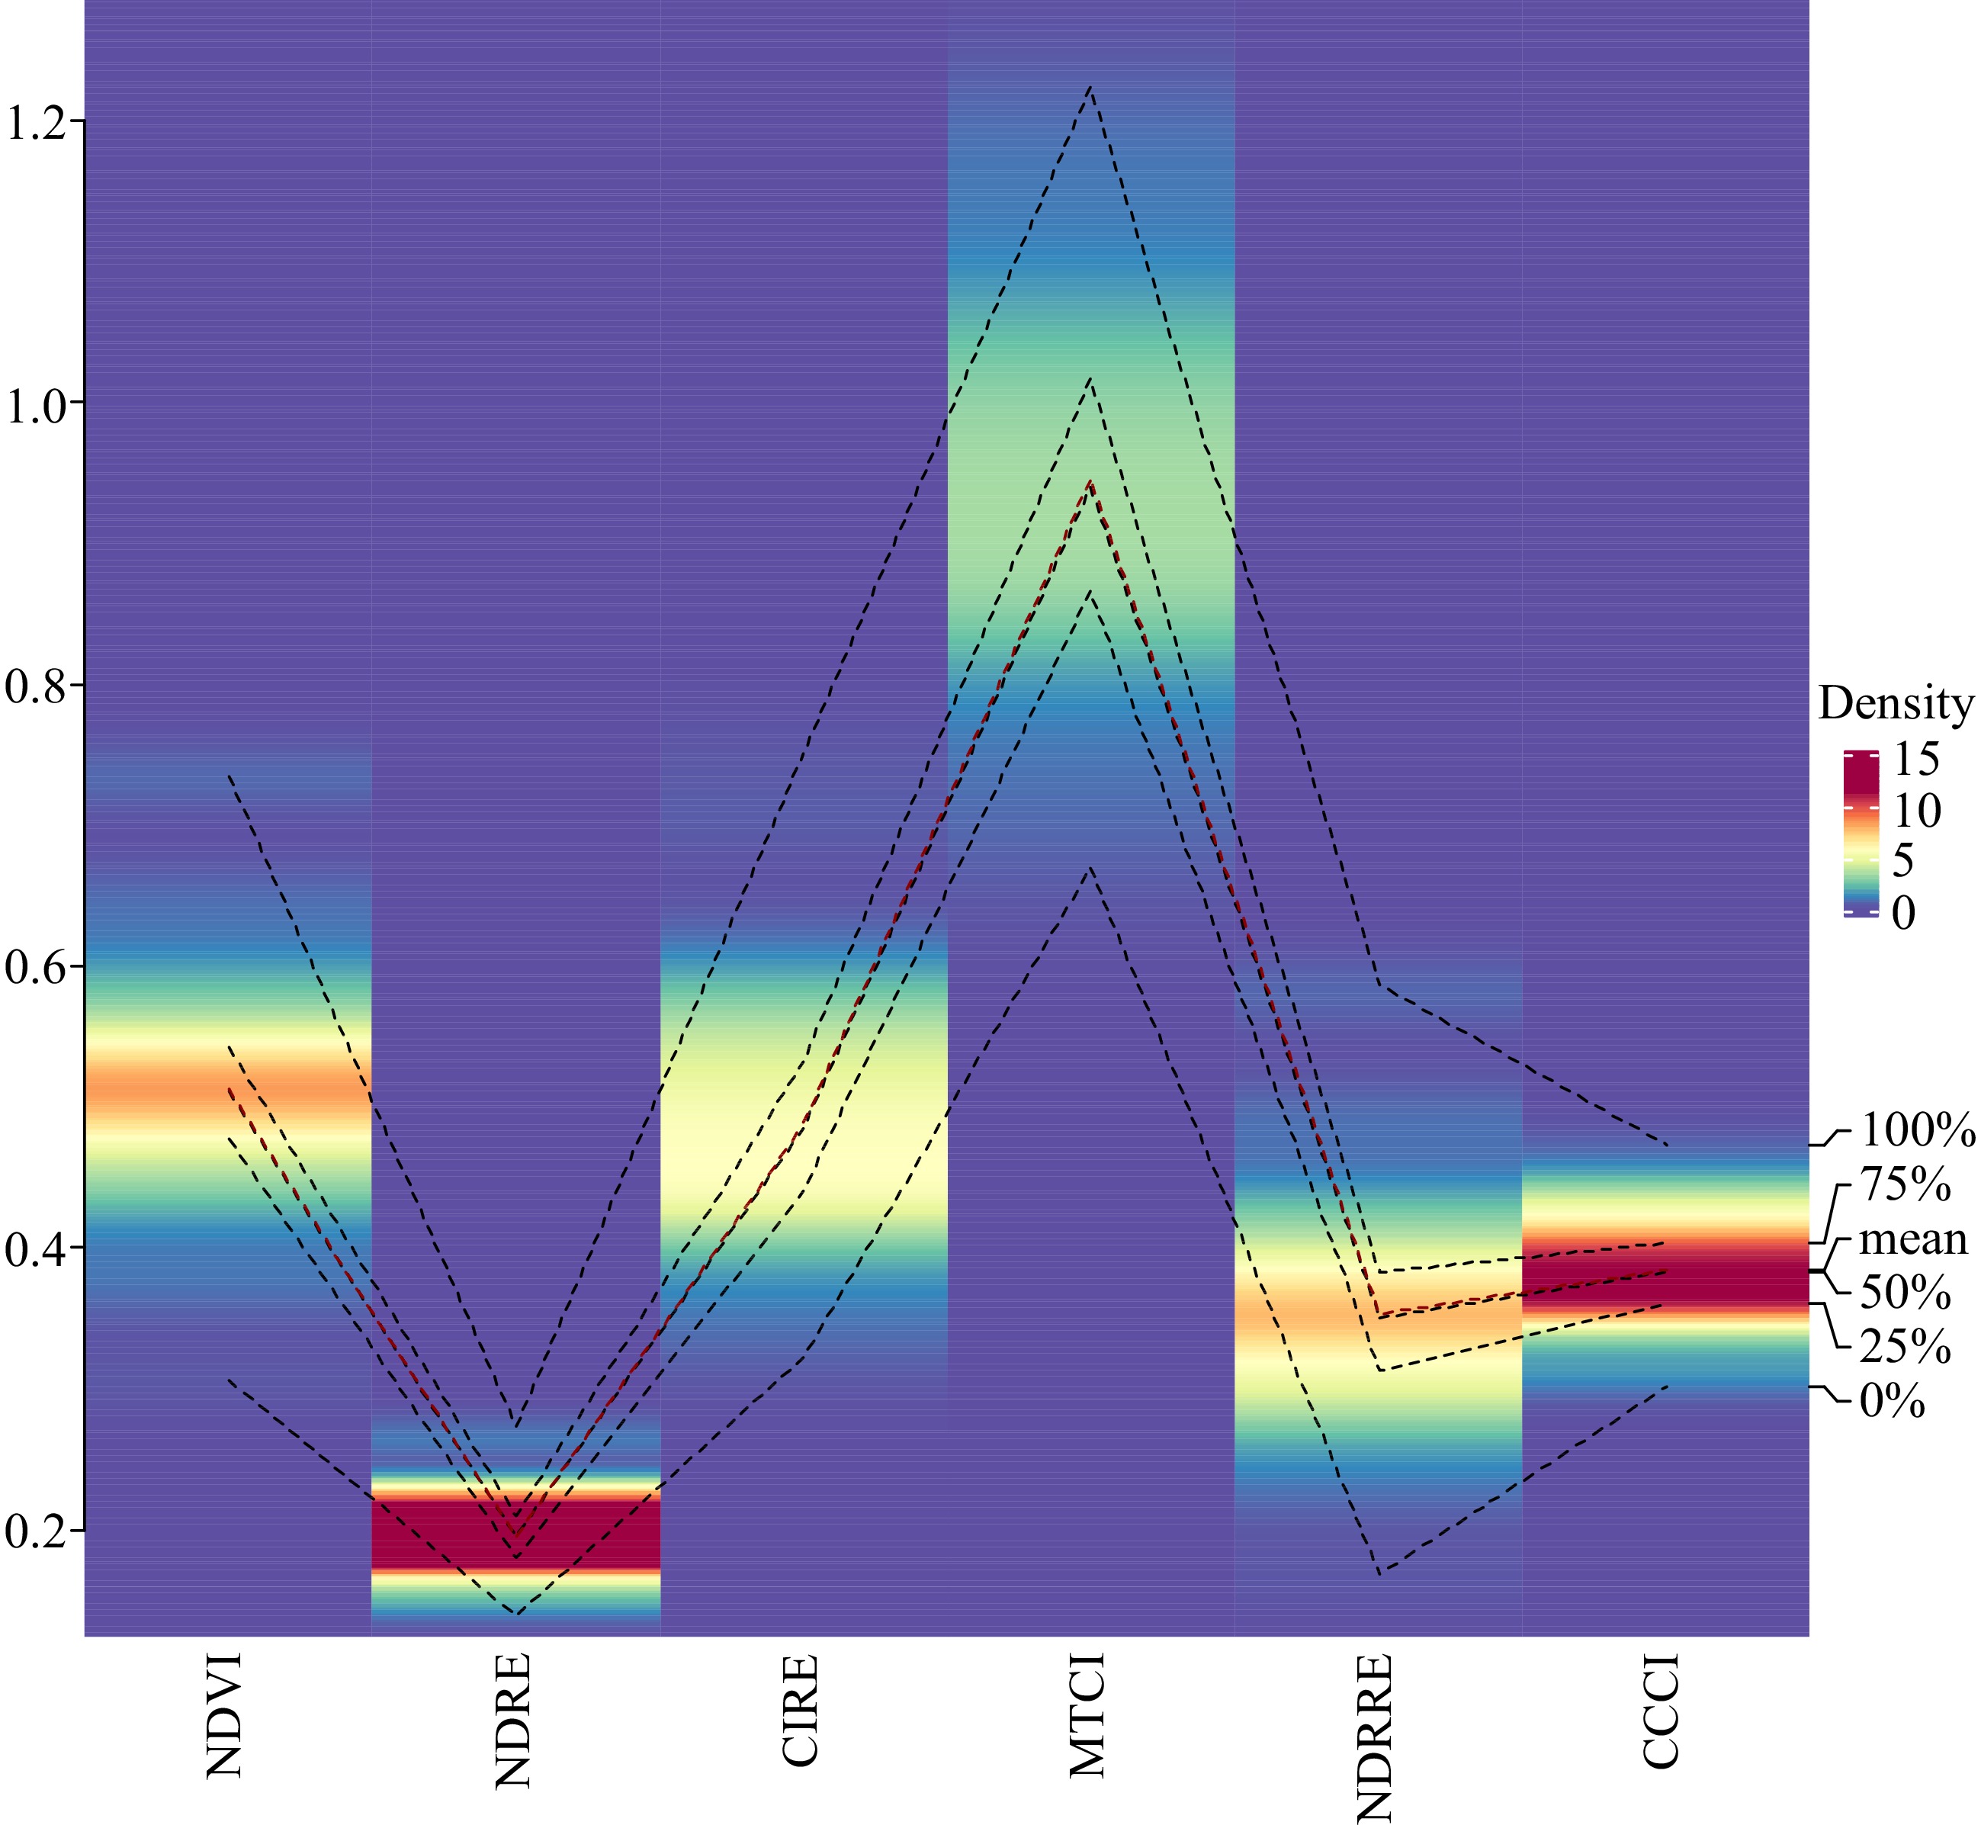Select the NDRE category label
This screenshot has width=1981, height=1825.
pos(513,1719)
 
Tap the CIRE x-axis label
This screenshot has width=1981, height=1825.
pos(801,1709)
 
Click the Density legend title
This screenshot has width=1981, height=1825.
pos(1895,703)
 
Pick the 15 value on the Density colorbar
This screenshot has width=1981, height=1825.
pos(1916,758)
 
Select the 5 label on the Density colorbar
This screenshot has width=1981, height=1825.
pos(1903,860)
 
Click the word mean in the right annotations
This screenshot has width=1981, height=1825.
pos(1913,1239)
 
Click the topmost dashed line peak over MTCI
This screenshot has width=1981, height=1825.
pos(1090,87)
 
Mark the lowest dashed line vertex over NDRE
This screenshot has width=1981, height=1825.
pos(516,1614)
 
